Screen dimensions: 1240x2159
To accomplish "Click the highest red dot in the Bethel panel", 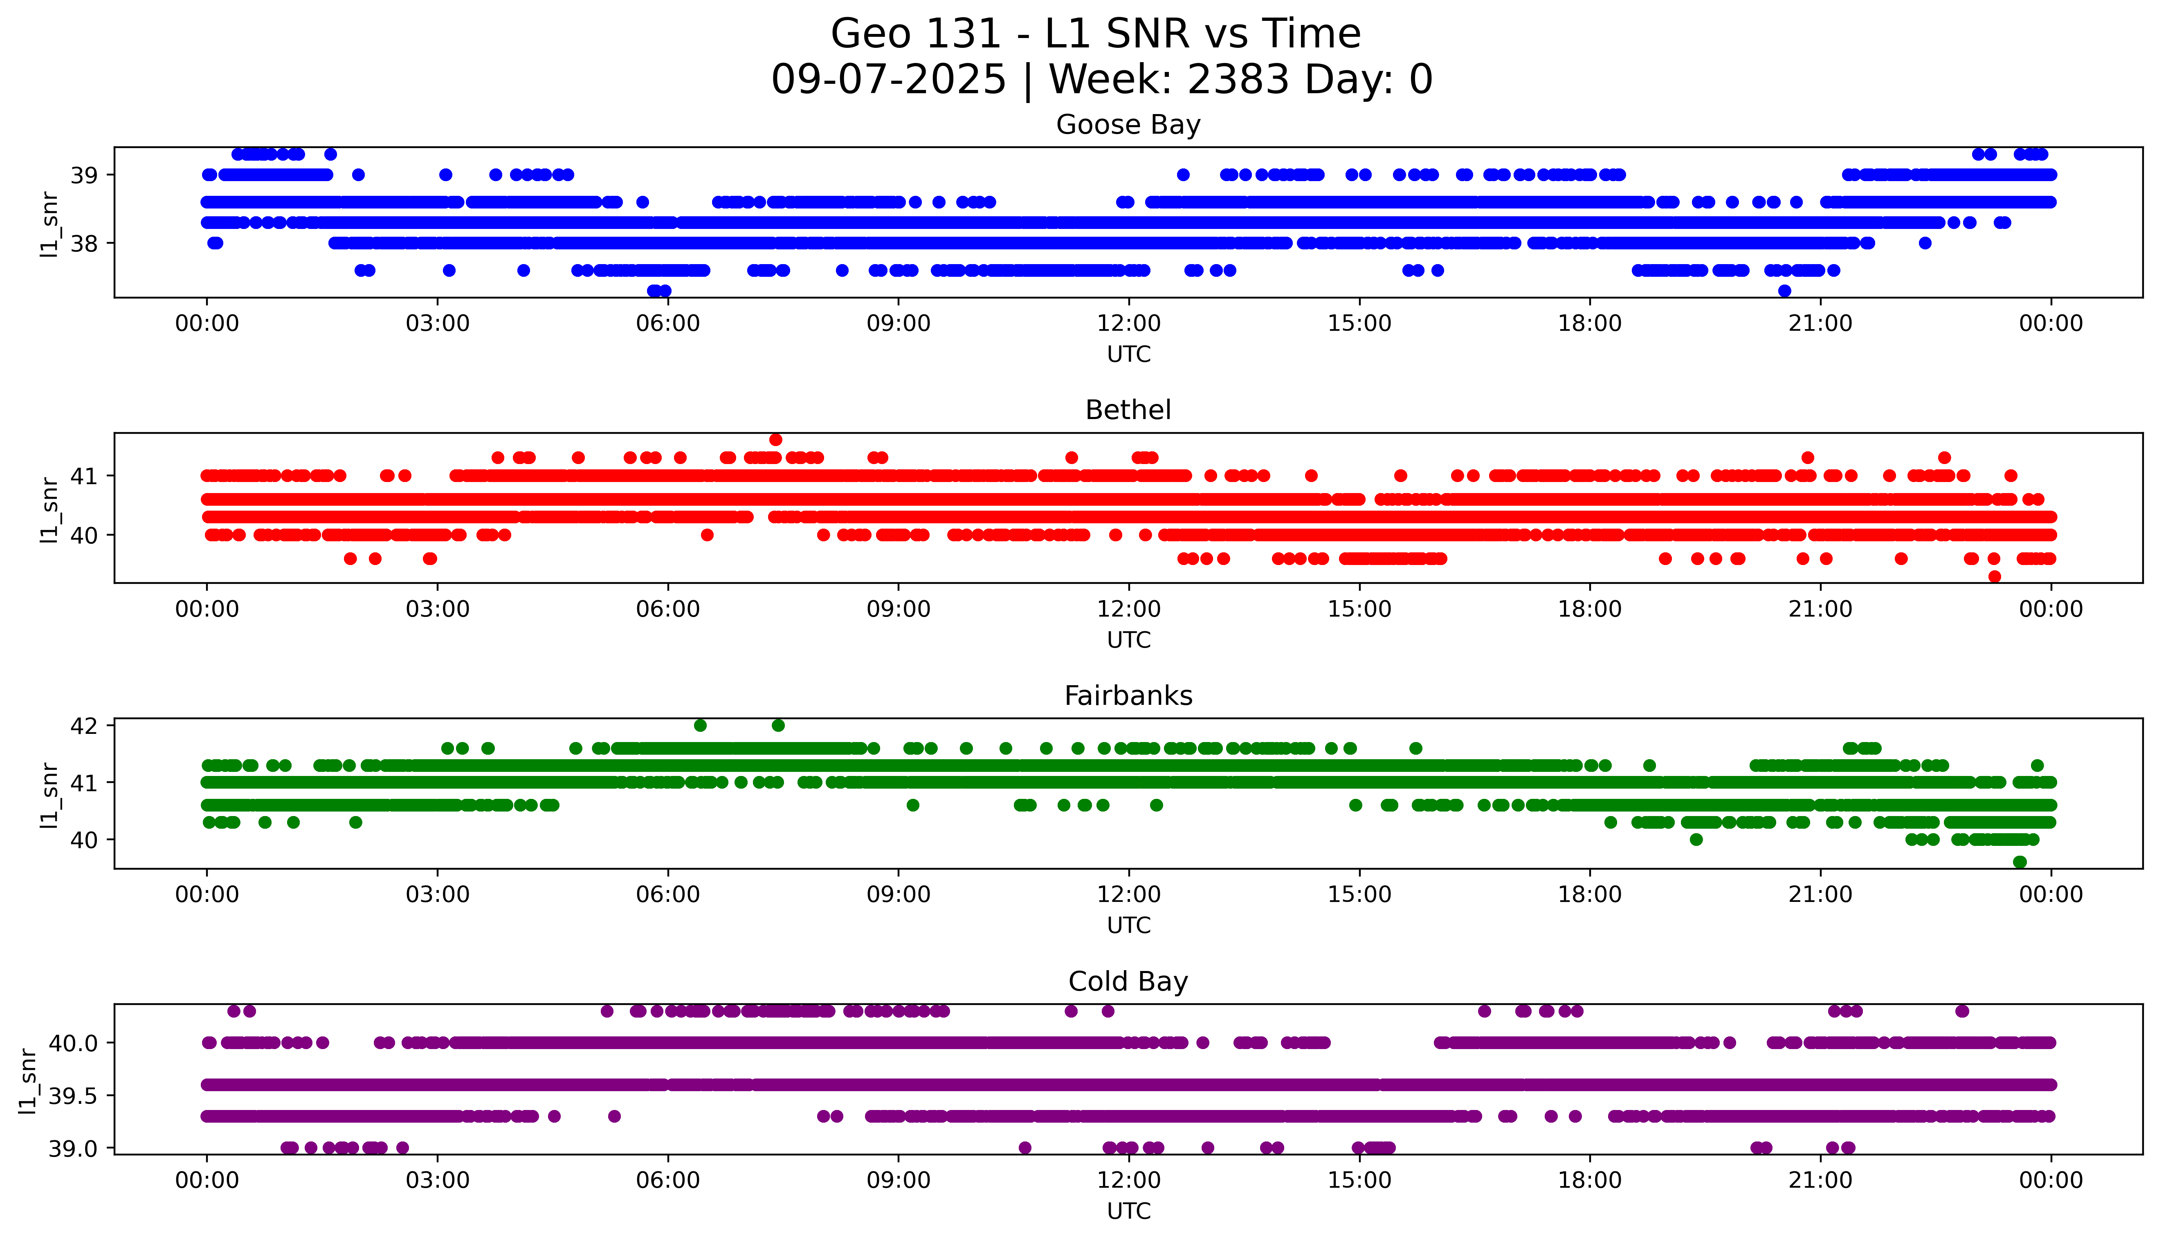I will point(775,439).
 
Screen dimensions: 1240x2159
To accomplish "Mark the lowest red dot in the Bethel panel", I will point(1995,576).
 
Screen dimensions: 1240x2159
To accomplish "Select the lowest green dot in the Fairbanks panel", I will point(2019,862).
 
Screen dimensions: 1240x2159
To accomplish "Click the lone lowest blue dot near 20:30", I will point(1785,291).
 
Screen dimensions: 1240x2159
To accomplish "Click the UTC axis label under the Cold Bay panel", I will point(1128,1210).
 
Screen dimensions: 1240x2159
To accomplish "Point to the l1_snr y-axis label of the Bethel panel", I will point(49,509).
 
